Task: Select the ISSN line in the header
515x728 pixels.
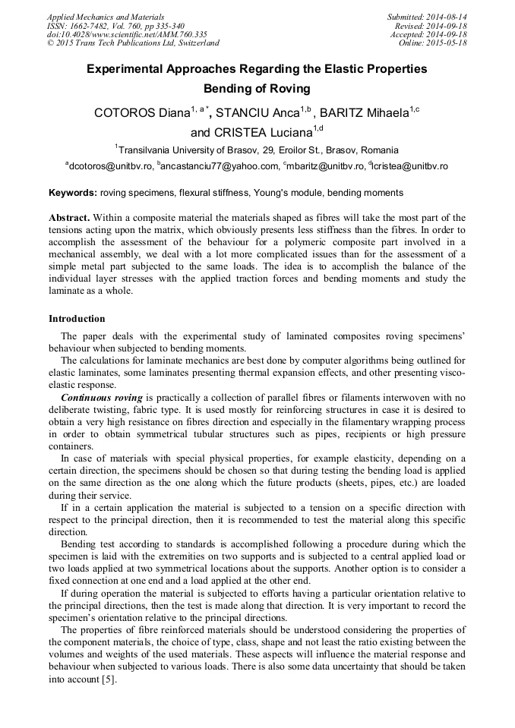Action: coord(115,26)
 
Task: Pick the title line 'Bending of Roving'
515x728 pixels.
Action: coord(257,89)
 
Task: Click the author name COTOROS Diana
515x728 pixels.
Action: coord(141,114)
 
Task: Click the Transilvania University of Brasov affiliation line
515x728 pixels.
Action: coord(257,150)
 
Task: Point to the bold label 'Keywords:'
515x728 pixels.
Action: coord(72,194)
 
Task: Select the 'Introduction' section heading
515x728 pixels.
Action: coord(77,318)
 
